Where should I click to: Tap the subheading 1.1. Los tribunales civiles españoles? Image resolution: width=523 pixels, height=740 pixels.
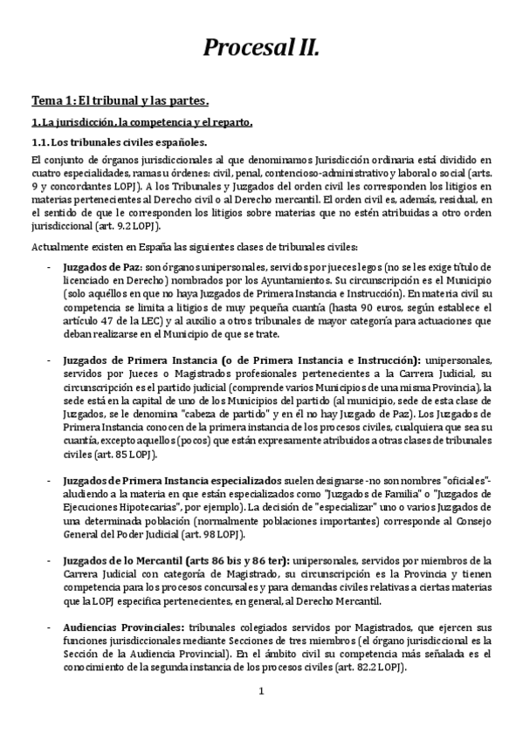[x=120, y=142]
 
